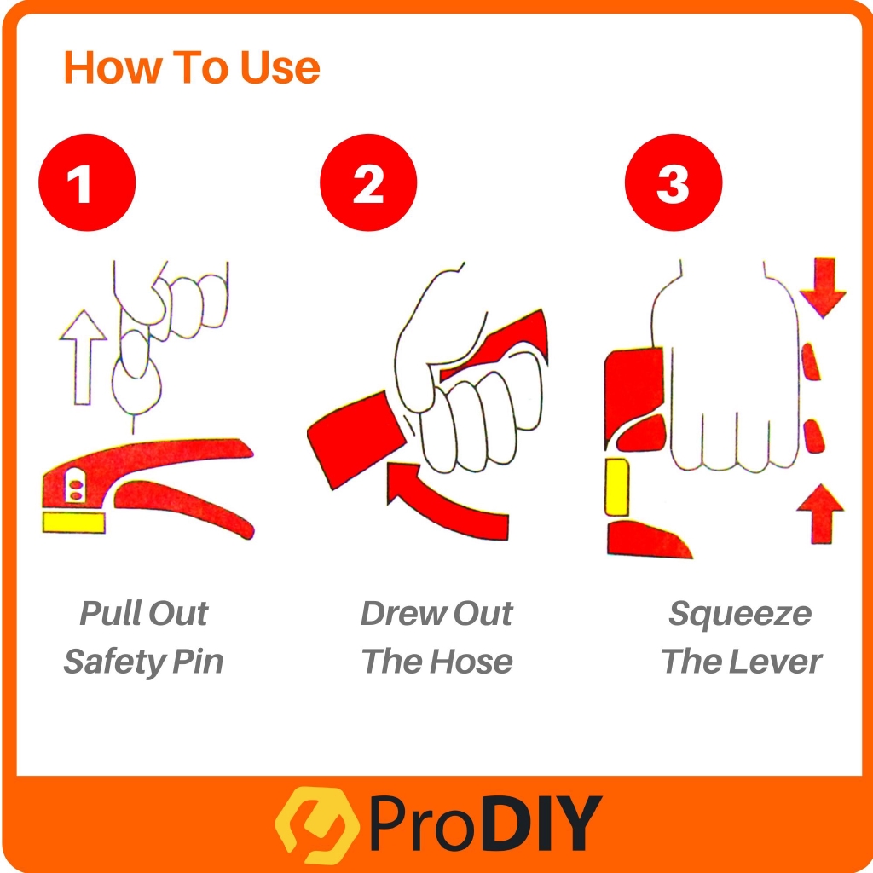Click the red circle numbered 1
(87, 182)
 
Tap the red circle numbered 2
(368, 182)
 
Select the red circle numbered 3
(674, 182)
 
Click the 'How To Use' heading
(192, 67)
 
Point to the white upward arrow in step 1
(83, 357)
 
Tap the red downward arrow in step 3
(823, 286)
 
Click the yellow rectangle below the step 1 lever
(73, 523)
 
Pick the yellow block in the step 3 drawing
(617, 487)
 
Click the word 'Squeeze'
(740, 614)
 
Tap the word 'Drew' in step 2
(403, 613)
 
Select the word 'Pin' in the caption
(198, 662)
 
